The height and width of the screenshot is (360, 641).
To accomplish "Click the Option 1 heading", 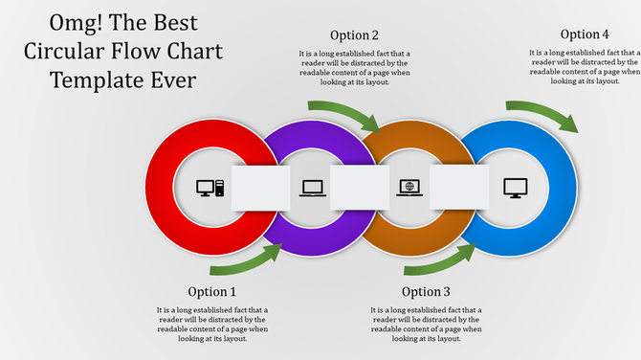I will pos(211,291).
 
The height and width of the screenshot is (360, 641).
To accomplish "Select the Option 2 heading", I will pos(354,35).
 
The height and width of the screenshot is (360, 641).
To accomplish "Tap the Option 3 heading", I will pos(426,291).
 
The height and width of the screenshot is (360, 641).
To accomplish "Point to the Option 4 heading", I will pos(585,34).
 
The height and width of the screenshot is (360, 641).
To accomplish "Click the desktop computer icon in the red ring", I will pos(210,188).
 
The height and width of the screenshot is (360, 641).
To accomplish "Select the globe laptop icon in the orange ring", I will pos(409,188).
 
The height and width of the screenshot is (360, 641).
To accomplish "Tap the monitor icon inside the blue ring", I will pos(516,188).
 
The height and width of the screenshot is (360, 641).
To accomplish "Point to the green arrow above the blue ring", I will pos(542,114).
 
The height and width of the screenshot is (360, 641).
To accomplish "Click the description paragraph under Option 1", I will pos(211,325).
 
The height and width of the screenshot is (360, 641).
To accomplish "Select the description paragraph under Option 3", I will pos(426,325).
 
